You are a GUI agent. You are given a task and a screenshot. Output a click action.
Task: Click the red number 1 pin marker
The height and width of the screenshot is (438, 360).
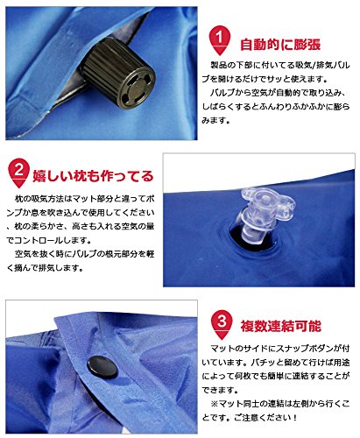pos(220,40)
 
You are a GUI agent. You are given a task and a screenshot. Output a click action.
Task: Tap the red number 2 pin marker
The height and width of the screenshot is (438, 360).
pos(18,173)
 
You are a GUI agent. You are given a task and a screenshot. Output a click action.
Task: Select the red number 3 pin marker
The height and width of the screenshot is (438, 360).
pos(222,324)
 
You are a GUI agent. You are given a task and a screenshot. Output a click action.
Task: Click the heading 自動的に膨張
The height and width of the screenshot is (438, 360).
pos(280,45)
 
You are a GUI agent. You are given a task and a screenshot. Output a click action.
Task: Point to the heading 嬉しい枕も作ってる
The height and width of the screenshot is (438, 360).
pos(93,176)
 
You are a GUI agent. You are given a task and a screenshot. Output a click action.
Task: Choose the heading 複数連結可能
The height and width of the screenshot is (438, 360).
pos(280,326)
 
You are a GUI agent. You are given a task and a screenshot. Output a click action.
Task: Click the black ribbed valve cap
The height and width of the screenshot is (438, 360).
pos(117,72)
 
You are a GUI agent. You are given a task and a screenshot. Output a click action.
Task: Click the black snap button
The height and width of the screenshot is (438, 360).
pos(102,367)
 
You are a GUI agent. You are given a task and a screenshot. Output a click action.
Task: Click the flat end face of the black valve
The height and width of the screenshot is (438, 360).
pos(137,88)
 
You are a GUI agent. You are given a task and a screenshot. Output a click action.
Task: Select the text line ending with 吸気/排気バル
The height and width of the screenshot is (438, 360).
pos(279,65)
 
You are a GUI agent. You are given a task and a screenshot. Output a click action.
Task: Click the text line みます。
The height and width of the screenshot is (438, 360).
pos(215,120)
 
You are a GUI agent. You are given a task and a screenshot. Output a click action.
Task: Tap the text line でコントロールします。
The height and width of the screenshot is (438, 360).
pos(48,241)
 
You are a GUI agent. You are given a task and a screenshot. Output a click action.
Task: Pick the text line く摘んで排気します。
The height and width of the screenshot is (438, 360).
pos(45,268)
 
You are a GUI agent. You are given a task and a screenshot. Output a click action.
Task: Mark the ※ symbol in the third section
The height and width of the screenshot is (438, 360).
pos(215,404)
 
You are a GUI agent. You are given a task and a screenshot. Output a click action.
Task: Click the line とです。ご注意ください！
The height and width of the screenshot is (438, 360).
pos(250,418)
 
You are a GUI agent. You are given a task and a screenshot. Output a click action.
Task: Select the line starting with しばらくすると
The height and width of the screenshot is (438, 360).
pos(276,107)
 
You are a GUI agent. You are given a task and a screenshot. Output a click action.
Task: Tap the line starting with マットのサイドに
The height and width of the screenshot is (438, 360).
pos(279,349)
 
